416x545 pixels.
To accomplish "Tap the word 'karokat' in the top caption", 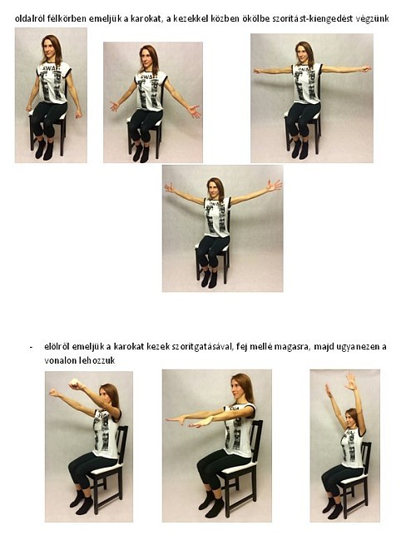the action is click(145, 18).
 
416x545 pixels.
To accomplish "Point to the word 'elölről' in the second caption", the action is click(57, 346).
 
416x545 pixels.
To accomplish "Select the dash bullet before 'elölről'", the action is click(32, 347).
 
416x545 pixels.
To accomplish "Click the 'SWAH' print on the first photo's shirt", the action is click(51, 67).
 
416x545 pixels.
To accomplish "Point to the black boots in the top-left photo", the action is click(44, 149).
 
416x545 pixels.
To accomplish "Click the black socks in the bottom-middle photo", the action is click(211, 503).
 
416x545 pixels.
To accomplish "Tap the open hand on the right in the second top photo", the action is click(193, 111).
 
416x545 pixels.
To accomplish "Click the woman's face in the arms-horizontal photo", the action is click(303, 52).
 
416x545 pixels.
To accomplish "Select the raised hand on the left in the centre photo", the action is click(169, 187).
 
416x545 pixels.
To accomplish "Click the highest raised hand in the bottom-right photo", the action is click(350, 381).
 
